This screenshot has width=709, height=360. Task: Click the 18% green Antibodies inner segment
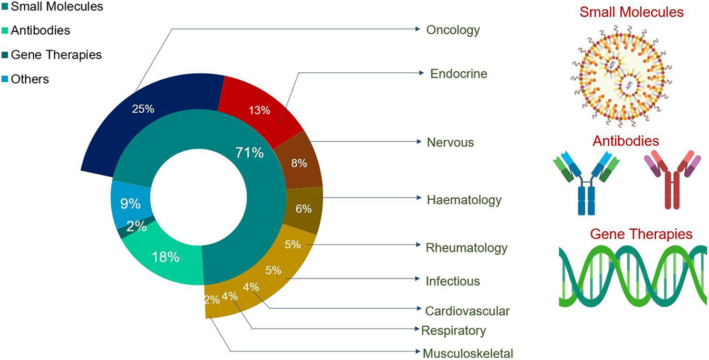coord(166,257)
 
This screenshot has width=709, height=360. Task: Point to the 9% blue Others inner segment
coord(130,202)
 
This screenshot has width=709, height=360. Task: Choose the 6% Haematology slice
coord(303,208)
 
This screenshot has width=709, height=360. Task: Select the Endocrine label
coord(459,74)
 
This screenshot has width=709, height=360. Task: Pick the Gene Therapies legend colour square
coord(5,55)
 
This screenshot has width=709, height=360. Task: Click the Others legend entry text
coord(30,79)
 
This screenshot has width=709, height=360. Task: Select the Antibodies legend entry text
coord(40,31)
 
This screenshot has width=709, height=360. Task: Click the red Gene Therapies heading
coord(640,233)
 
